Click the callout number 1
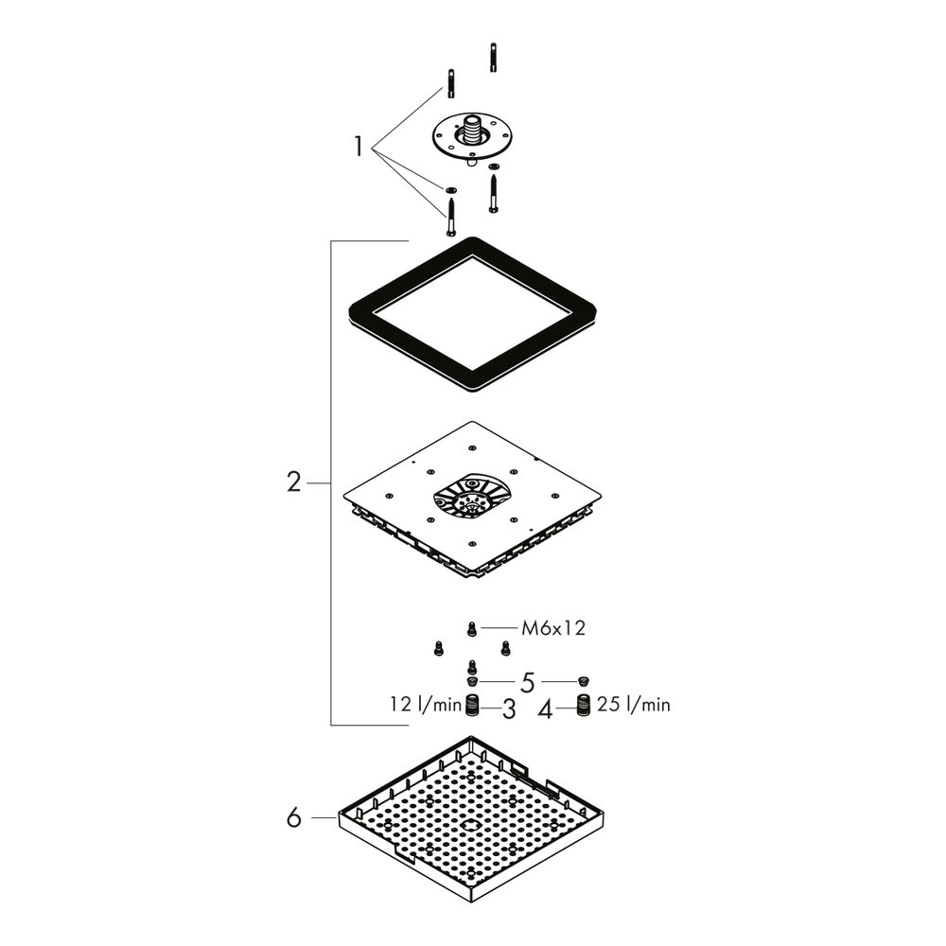pyautogui.click(x=359, y=147)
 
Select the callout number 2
pyautogui.click(x=294, y=482)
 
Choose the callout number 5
pyautogui.click(x=528, y=683)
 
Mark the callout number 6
pyautogui.click(x=294, y=818)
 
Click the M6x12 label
pyautogui.click(x=553, y=629)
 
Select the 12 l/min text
pyautogui.click(x=426, y=704)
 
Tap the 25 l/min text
pyautogui.click(x=634, y=704)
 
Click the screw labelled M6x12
pyautogui.click(x=472, y=629)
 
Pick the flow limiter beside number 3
pyautogui.click(x=473, y=706)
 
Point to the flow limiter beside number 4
pyautogui.click(x=583, y=706)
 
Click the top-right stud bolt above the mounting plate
pyautogui.click(x=494, y=58)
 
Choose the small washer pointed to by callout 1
pyautogui.click(x=450, y=191)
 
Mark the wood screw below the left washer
pyautogui.click(x=450, y=218)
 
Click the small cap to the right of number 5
pyautogui.click(x=583, y=682)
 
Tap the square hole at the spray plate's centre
pyautogui.click(x=472, y=825)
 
